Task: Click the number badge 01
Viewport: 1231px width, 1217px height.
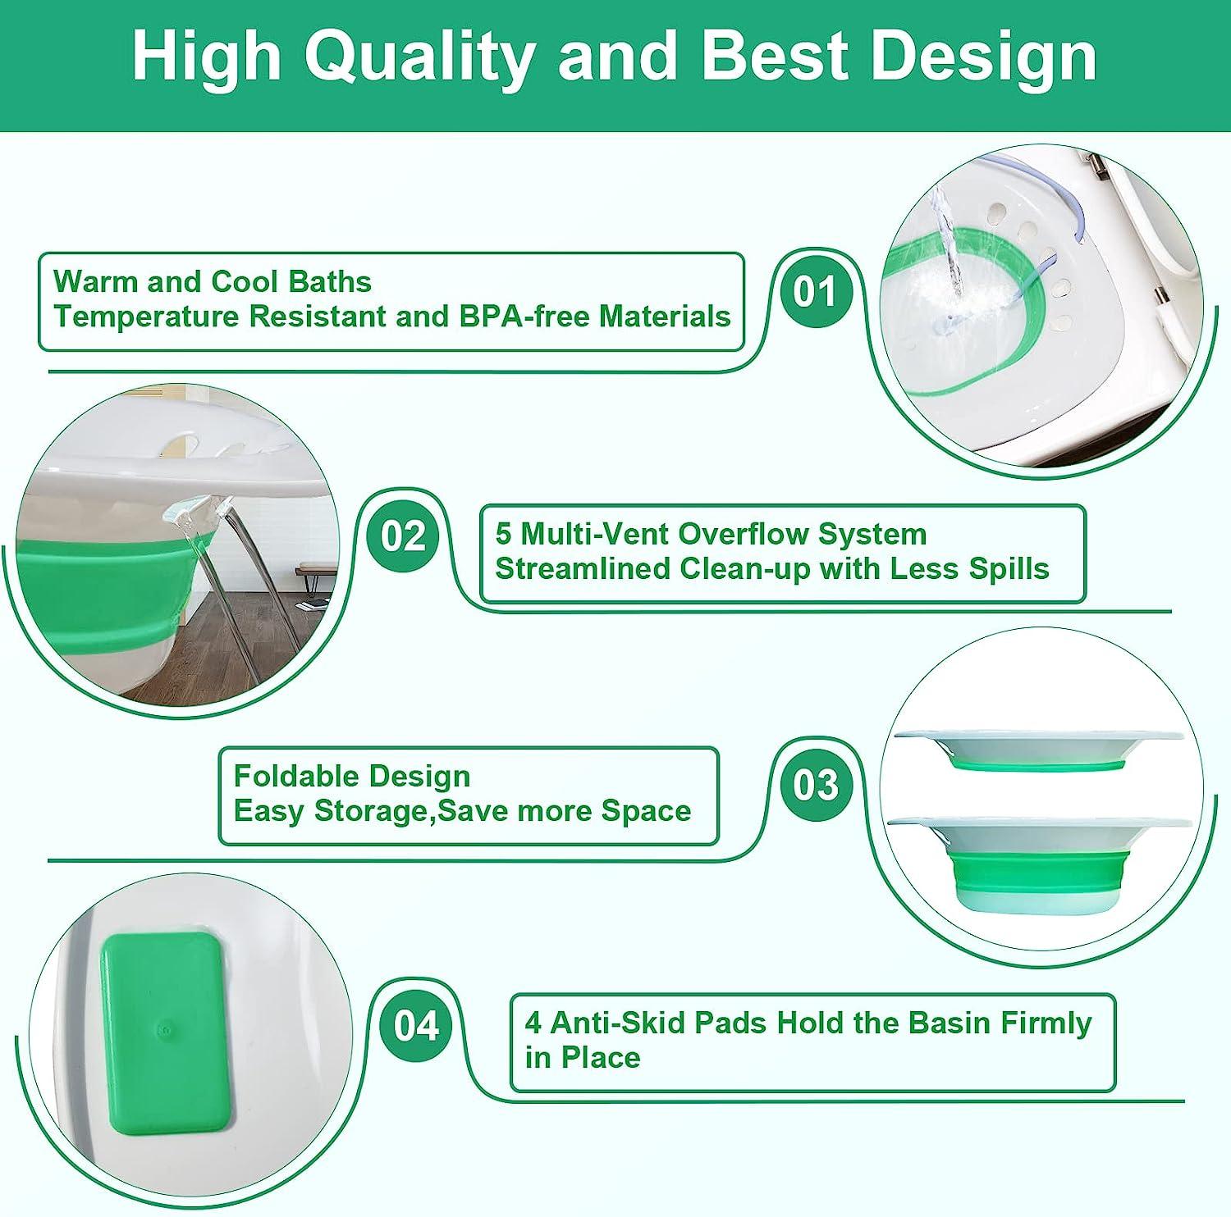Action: click(814, 292)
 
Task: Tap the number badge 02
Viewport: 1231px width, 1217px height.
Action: click(403, 536)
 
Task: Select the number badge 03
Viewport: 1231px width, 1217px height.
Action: click(815, 785)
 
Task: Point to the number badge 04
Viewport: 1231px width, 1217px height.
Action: click(416, 1026)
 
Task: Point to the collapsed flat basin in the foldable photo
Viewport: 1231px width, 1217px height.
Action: click(1038, 748)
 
